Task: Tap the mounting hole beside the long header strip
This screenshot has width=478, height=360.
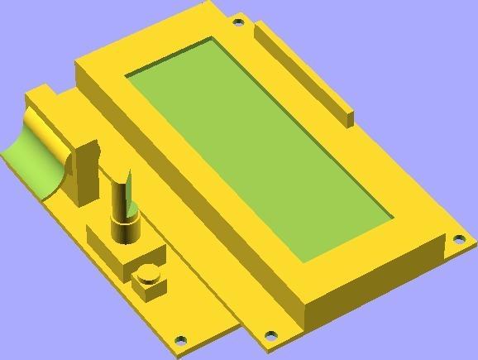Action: pyautogui.click(x=238, y=22)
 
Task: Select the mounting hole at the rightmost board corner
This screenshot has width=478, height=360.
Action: pyautogui.click(x=458, y=240)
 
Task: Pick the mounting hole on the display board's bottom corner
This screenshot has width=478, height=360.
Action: pyautogui.click(x=270, y=336)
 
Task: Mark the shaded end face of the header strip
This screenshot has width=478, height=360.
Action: pyautogui.click(x=350, y=118)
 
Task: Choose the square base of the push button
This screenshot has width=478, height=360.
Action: pyautogui.click(x=150, y=286)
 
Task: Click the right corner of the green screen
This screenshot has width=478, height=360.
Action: pyautogui.click(x=391, y=219)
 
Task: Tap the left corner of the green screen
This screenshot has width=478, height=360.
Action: pyautogui.click(x=127, y=76)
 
